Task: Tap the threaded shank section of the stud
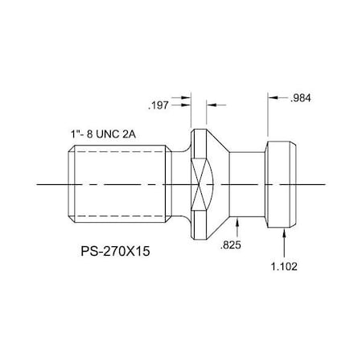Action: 117,184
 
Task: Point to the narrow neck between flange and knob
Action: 248,184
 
